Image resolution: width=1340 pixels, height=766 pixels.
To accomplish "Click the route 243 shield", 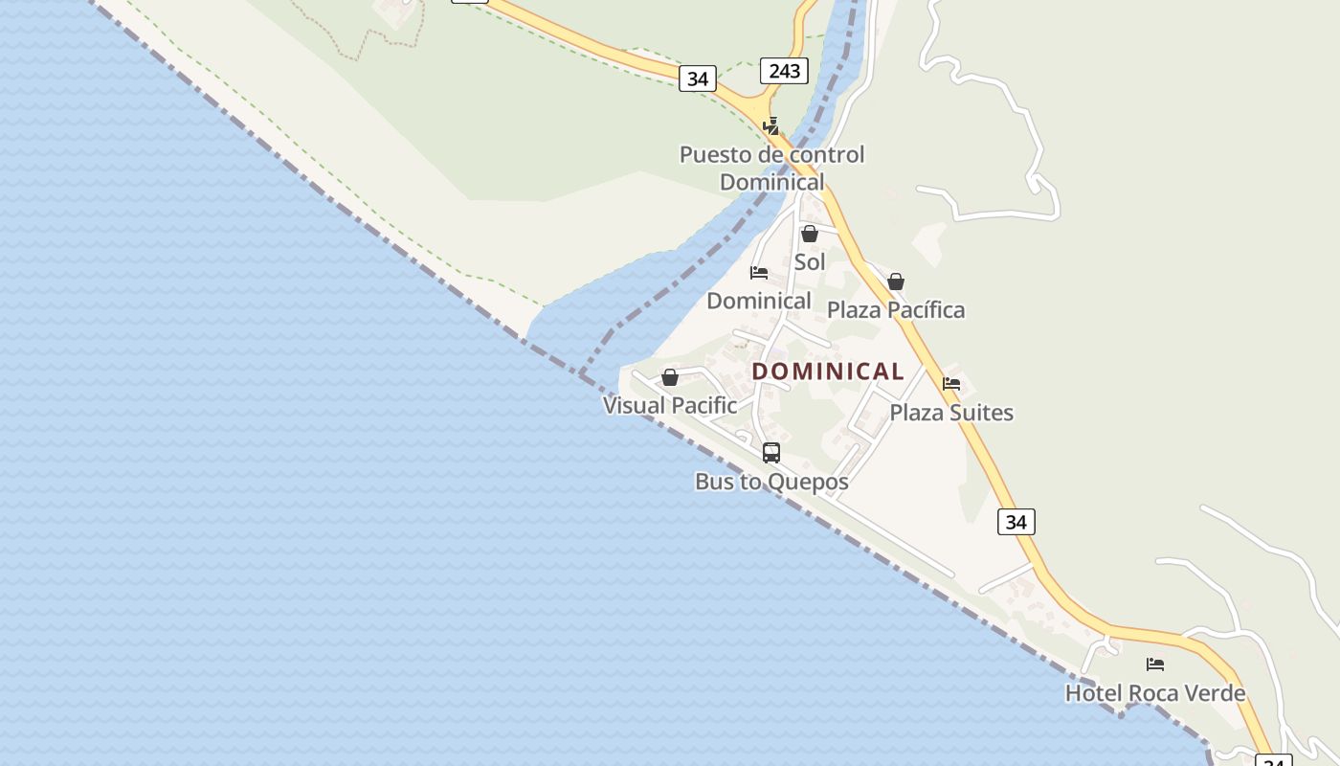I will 784,71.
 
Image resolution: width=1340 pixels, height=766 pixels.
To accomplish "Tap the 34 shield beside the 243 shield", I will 698,79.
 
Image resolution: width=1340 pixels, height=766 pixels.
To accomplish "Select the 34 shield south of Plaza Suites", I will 1016,522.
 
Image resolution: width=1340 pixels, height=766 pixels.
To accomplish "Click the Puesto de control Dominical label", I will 771,168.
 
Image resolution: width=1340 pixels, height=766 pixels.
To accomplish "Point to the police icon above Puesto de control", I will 770,126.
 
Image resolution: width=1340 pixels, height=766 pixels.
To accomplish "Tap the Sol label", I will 810,261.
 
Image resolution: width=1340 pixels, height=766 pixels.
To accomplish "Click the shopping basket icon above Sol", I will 810,234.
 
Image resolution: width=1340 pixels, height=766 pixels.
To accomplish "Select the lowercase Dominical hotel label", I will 759,301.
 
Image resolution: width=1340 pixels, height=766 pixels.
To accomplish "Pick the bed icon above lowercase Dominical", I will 759,273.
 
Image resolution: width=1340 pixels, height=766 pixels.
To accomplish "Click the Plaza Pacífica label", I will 896,309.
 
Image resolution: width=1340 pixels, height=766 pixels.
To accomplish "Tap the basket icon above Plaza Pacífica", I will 896,282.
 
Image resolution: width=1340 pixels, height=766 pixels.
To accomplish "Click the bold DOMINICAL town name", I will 828,372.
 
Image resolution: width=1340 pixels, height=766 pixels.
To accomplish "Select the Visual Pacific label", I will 670,405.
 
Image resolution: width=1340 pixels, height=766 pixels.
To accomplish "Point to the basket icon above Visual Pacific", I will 670,377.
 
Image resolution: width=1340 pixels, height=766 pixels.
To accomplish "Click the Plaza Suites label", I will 951,413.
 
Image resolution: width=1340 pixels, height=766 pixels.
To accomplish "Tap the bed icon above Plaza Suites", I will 951,384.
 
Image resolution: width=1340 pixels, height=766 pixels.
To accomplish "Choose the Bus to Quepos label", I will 771,482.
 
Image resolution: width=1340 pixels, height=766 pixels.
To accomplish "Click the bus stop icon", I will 771,453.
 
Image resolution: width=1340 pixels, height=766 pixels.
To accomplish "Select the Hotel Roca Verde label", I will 1155,693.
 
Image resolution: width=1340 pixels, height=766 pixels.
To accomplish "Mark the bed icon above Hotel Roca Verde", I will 1155,665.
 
